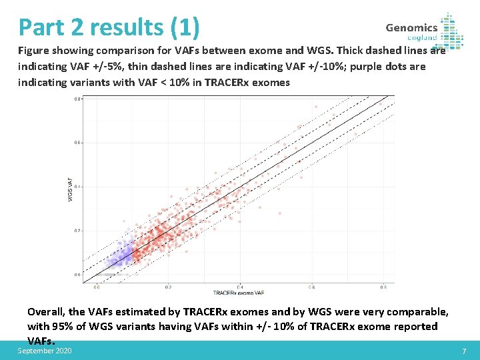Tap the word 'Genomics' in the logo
[x=411, y=27]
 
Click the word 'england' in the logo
[x=422, y=38]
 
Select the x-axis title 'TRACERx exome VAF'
[x=239, y=293]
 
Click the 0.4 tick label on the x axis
[x=240, y=287]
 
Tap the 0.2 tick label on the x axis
[x=168, y=287]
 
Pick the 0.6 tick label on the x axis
[x=311, y=287]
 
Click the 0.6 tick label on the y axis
[x=77, y=143]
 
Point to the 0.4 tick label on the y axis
[x=77, y=187]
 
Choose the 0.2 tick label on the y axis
[x=77, y=231]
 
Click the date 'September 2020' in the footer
[x=45, y=351]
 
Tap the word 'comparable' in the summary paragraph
[x=416, y=312]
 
